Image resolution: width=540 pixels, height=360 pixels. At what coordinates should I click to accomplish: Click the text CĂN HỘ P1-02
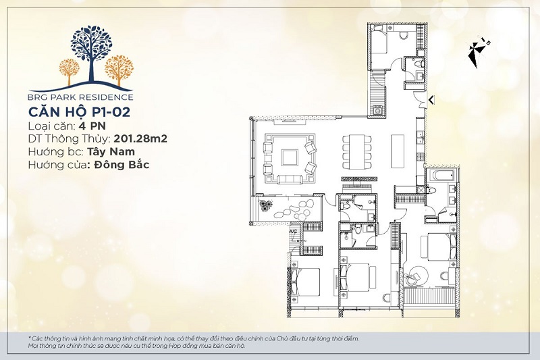pos(79,112)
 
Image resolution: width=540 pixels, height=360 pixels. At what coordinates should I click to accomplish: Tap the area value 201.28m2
pos(140,139)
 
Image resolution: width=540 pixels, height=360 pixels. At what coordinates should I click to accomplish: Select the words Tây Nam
pos(111,152)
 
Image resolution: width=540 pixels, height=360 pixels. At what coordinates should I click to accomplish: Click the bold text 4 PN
pos(92,126)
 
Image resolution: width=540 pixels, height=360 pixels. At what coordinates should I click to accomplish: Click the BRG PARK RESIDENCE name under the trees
pos(81,97)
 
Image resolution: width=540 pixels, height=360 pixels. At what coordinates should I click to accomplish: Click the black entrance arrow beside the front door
pos(431,100)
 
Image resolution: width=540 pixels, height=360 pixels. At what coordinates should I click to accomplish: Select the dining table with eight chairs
pos(357,152)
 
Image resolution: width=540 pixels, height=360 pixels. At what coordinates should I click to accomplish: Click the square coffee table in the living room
pos(290,158)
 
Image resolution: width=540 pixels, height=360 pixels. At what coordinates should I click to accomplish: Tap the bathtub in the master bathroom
pos(442,176)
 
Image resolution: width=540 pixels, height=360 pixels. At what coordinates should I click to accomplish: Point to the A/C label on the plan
pos(294,232)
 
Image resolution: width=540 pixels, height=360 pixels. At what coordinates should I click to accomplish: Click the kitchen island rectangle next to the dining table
pos(398,151)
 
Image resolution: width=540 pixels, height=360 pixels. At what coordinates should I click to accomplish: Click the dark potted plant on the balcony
pos(266,206)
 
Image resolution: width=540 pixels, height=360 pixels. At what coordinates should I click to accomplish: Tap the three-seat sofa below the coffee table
pos(290,179)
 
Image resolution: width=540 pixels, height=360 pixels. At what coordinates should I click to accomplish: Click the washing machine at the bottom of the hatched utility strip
pos(377,111)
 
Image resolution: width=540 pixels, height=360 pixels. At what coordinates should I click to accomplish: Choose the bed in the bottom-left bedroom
pos(305,282)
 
